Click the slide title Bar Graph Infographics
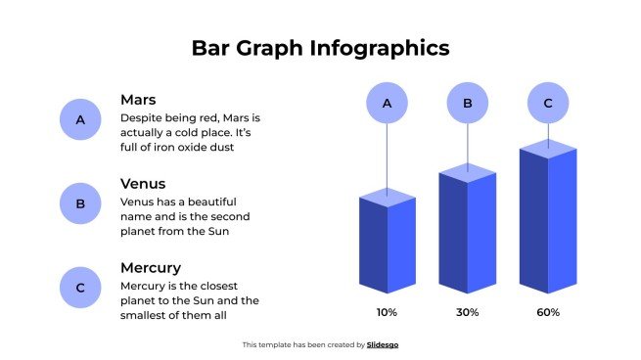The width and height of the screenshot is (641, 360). [320, 48]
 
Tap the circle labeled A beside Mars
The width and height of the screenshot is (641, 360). [81, 120]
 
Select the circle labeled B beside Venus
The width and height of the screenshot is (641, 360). [81, 204]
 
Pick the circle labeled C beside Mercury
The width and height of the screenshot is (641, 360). [81, 288]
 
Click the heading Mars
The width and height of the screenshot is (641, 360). [139, 100]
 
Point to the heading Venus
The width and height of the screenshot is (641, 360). [143, 184]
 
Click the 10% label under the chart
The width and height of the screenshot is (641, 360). [387, 313]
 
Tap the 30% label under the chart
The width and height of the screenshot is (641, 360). [467, 313]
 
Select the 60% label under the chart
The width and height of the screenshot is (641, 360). [548, 313]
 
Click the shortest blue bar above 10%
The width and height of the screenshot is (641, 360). [388, 245]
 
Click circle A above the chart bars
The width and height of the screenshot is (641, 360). [387, 103]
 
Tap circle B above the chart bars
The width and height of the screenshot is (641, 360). [468, 103]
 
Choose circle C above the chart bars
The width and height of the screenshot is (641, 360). [548, 103]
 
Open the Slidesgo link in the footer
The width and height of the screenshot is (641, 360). [383, 344]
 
